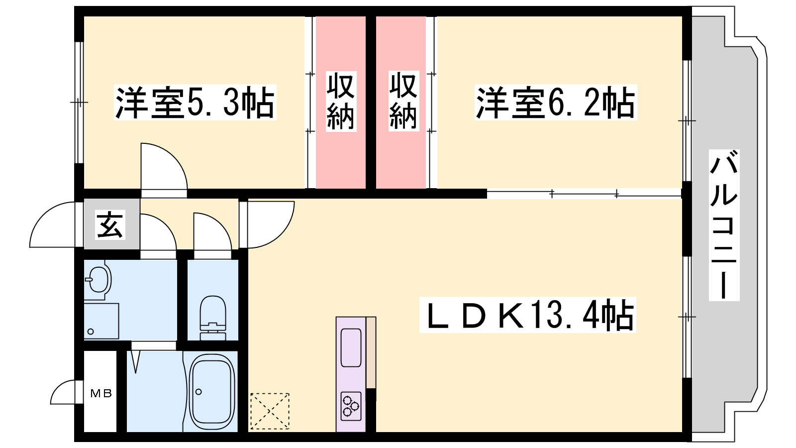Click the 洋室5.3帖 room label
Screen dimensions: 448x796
click(195, 103)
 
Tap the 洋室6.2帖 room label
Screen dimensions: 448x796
click(556, 103)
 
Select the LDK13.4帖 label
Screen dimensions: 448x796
click(528, 315)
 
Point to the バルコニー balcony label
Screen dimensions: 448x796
click(723, 225)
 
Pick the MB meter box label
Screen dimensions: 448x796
click(101, 394)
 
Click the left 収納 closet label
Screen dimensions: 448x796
click(341, 102)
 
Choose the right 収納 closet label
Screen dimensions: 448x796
click(402, 102)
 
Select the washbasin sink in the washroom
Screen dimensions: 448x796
click(98, 280)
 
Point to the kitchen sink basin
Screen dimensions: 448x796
click(351, 347)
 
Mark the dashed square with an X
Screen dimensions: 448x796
click(270, 411)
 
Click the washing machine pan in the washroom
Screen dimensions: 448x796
click(101, 321)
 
